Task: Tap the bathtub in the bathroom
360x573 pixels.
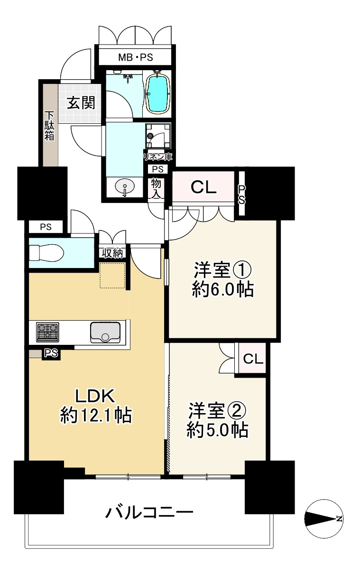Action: click(x=157, y=93)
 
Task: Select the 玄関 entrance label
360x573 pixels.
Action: click(x=81, y=102)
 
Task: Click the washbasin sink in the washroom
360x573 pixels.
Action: click(x=124, y=187)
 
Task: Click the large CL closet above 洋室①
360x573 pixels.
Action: click(x=203, y=187)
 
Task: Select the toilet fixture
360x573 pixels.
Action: click(x=46, y=252)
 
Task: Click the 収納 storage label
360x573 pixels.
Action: click(x=112, y=253)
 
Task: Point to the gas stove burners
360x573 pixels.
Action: click(x=47, y=332)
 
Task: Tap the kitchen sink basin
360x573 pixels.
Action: click(x=105, y=332)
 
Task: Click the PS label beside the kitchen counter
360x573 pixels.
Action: click(x=51, y=353)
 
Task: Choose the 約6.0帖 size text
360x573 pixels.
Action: click(x=222, y=289)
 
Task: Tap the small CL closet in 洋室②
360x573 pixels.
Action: click(x=253, y=359)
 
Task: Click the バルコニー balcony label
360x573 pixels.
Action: click(x=149, y=513)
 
